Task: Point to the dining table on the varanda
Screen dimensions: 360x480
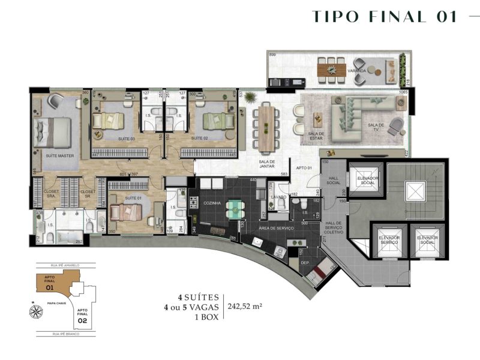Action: (328, 69)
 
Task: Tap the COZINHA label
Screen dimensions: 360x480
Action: (213, 203)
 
